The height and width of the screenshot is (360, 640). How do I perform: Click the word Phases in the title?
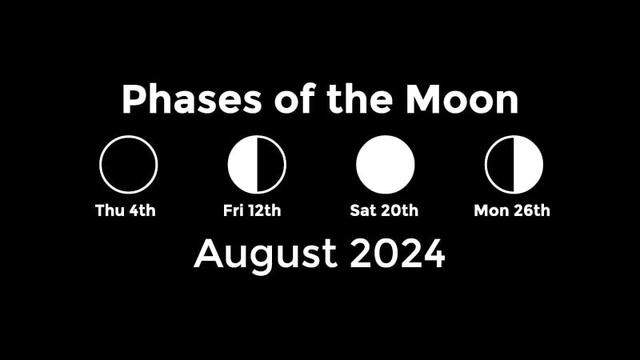point(191,98)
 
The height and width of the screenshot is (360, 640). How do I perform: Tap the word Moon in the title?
point(462,98)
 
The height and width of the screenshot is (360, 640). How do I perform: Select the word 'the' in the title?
point(359,98)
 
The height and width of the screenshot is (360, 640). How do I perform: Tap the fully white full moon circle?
point(386,165)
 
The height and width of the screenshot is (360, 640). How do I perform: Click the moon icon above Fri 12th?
point(257,165)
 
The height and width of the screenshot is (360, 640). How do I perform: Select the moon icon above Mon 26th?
point(514,165)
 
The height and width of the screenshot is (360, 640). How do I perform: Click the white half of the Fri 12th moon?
point(242,165)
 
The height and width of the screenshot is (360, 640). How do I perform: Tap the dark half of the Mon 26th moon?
point(500,165)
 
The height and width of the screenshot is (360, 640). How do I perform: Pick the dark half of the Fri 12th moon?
point(271,165)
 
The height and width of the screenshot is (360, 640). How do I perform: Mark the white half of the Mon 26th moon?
point(529,165)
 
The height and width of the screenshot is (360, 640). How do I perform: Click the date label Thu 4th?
point(126,210)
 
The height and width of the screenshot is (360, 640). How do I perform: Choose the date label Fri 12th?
point(252,210)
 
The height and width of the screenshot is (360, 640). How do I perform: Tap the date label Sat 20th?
point(384,210)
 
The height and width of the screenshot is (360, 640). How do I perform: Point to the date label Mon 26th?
point(512,210)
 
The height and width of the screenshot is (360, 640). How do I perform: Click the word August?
point(266,254)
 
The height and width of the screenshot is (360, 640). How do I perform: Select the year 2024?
point(398,254)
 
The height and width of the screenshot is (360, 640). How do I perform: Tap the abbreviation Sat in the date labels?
point(363,210)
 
